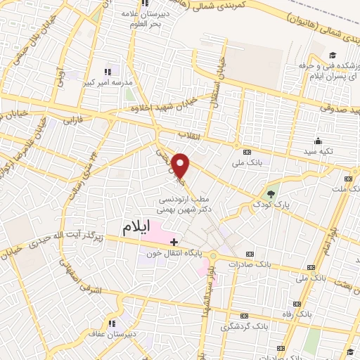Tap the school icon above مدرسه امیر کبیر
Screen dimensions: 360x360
[108, 71]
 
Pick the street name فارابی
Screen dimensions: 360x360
[73, 122]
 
